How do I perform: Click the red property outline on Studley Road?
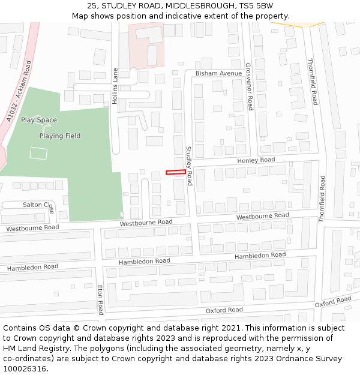[x=176, y=172]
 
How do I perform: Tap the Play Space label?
[x=39, y=120]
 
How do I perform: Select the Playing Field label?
[x=60, y=136]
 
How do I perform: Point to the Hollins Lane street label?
[x=115, y=86]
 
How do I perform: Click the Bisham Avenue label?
[x=218, y=73]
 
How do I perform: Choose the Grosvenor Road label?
[x=248, y=86]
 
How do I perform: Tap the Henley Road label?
[x=256, y=160]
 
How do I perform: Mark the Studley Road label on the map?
[x=189, y=166]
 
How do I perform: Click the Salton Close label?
[x=38, y=205]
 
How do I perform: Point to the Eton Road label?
[x=100, y=299]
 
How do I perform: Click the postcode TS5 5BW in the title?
[x=255, y=6]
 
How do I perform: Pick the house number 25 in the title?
[x=92, y=6]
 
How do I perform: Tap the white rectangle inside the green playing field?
[x=38, y=154]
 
